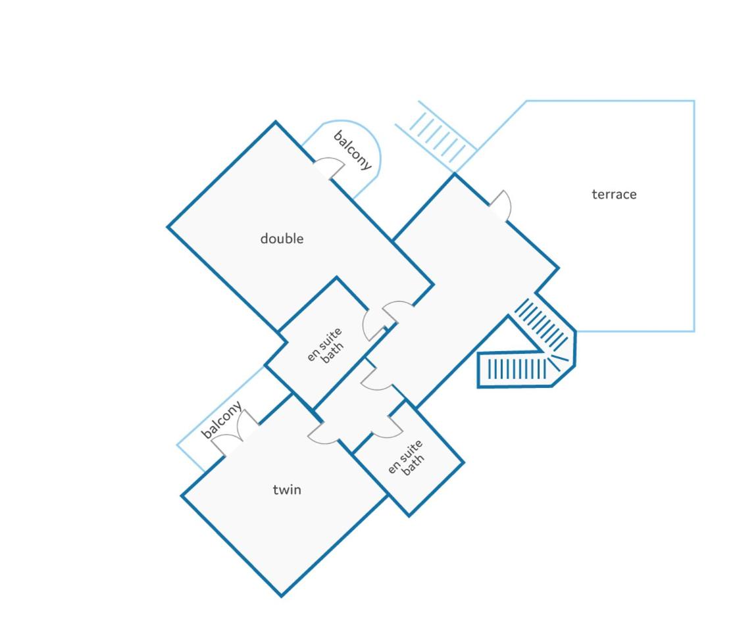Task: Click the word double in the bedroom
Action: point(282,239)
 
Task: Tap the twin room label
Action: point(287,490)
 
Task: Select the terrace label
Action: point(614,195)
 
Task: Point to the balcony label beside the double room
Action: point(353,151)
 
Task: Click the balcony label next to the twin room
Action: point(222,420)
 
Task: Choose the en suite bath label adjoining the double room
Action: point(325,346)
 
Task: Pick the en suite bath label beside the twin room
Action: point(407,458)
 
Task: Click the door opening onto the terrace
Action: point(501,206)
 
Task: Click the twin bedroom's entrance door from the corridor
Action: point(323,433)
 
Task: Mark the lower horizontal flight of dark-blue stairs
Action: point(517,369)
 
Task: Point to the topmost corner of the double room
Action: point(275,122)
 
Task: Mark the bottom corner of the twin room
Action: point(281,596)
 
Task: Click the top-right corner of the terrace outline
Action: point(694,101)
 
